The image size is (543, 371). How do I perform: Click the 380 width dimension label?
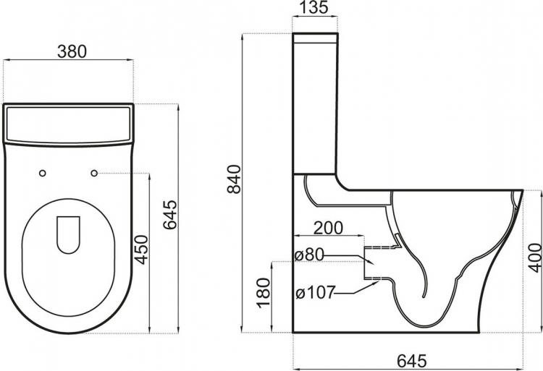pos(72,52)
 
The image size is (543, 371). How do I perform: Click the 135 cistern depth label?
pos(313,8)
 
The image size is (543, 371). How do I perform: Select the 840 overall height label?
pos(234,179)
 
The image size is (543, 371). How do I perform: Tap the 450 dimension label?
pos(141,250)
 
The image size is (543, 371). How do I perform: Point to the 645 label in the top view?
pos(170,214)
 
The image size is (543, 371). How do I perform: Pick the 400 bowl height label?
pos(534,257)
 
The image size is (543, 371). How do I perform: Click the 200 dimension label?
pos(329,228)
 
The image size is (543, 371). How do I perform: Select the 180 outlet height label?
pos(264,292)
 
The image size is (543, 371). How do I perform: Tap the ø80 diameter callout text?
pos(308,256)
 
